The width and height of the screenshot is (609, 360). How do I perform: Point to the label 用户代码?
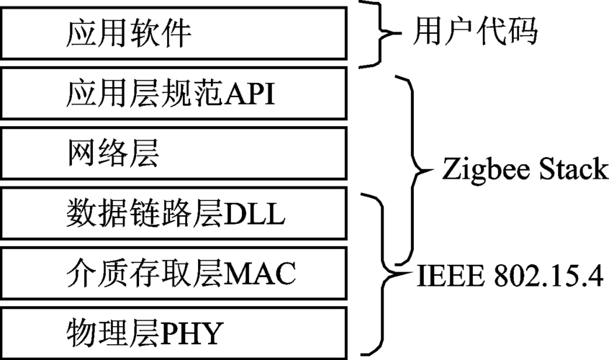(x=476, y=32)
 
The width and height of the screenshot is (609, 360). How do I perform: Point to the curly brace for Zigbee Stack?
(x=417, y=170)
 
